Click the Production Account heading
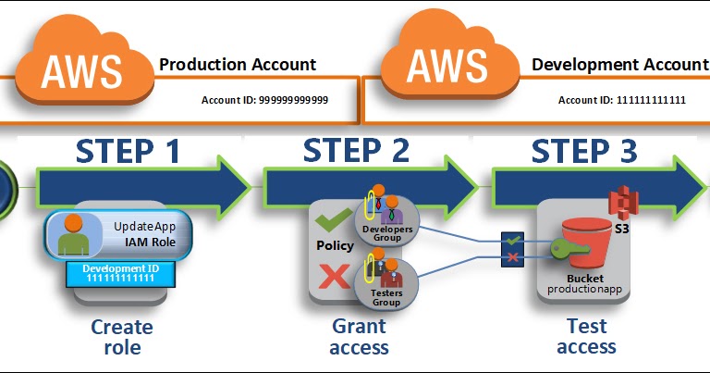(238, 65)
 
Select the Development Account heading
(619, 65)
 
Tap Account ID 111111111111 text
(621, 99)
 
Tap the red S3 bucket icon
(585, 245)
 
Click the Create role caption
(122, 337)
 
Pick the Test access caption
(586, 337)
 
